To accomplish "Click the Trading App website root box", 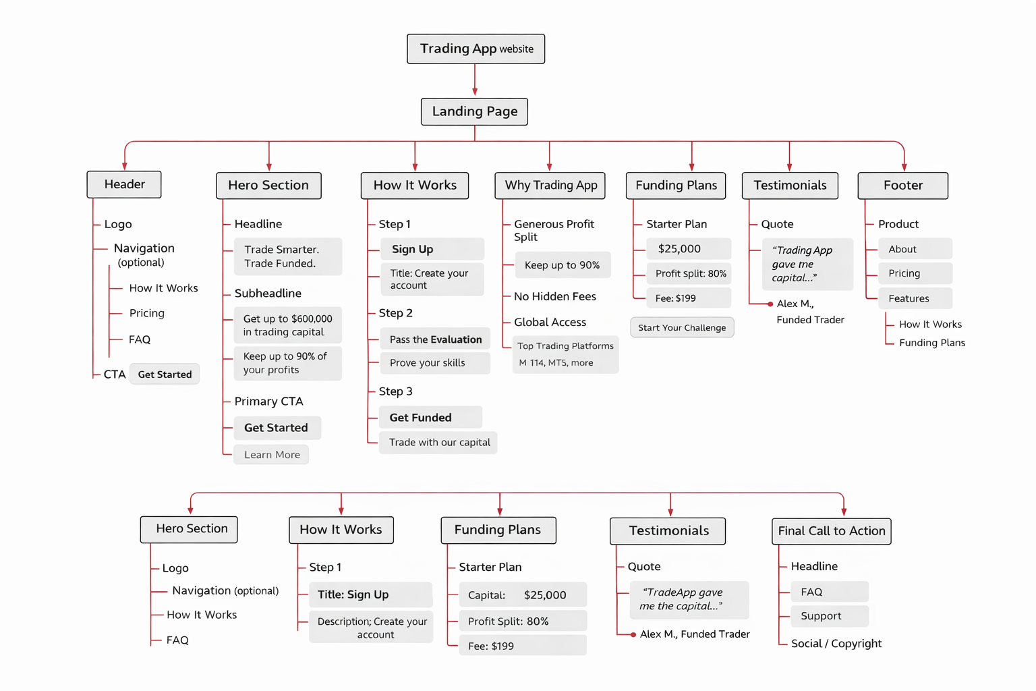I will [476, 49].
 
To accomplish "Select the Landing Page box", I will [474, 111].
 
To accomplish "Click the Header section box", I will [124, 184].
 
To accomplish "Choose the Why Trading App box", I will [550, 186].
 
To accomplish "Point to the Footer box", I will [902, 186].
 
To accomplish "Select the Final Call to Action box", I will [831, 531].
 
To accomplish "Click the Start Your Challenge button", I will [682, 327].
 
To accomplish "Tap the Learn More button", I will [272, 455].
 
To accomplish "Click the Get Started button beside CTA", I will [165, 375].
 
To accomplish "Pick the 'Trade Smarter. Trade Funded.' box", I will [288, 256].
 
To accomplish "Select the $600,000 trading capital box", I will [288, 325].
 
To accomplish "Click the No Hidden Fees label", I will [554, 296].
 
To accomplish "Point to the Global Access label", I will [550, 323].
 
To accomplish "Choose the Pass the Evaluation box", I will [435, 339].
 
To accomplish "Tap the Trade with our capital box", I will [438, 443].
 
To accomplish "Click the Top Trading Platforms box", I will [565, 354].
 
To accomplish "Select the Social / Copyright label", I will [836, 644].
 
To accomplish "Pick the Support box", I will [829, 616].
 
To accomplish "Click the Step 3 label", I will [395, 391].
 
